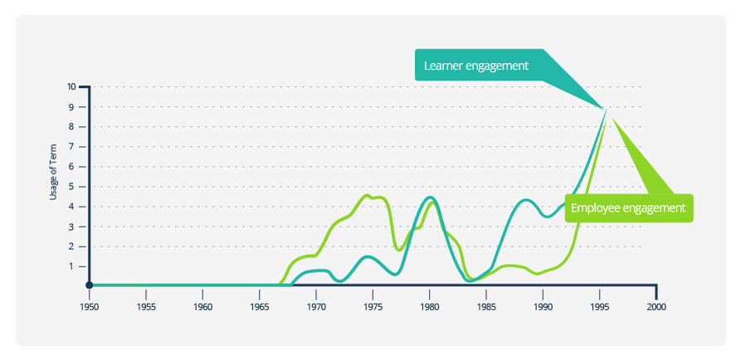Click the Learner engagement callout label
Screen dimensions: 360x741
pyautogui.click(x=476, y=66)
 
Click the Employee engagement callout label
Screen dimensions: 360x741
pyautogui.click(x=628, y=208)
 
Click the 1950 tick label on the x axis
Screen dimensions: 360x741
pyautogui.click(x=89, y=306)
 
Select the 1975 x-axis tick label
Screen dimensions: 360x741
pyautogui.click(x=373, y=306)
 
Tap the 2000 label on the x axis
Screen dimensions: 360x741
pyautogui.click(x=656, y=306)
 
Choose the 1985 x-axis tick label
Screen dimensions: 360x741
pyautogui.click(x=486, y=306)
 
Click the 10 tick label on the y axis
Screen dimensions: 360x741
pyautogui.click(x=71, y=86)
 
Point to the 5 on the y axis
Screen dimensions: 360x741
pyautogui.click(x=73, y=187)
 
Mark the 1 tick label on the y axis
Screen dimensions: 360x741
pyautogui.click(x=73, y=266)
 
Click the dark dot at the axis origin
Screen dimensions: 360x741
pyautogui.click(x=89, y=285)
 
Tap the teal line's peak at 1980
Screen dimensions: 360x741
pyautogui.click(x=429, y=197)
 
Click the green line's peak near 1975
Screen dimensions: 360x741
pyautogui.click(x=368, y=196)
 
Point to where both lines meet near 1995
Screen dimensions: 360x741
pyautogui.click(x=607, y=108)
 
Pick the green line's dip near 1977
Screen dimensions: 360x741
pyautogui.click(x=399, y=249)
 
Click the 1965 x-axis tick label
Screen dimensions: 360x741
pyautogui.click(x=259, y=306)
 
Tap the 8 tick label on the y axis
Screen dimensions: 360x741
pyautogui.click(x=73, y=127)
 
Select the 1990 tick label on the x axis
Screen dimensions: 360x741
pyautogui.click(x=543, y=306)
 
